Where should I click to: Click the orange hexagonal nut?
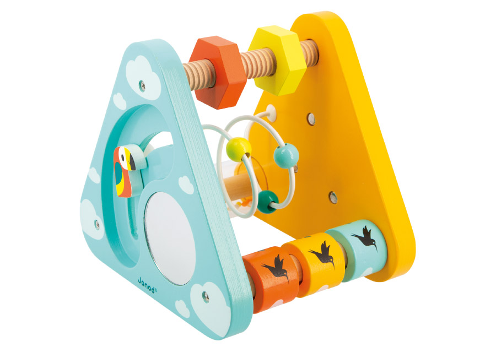[x=218, y=72]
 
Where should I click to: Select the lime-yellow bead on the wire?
[x=239, y=149]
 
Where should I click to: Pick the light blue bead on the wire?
[x=286, y=155]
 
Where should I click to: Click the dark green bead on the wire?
[x=268, y=202]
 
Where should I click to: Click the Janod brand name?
[x=147, y=285]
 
